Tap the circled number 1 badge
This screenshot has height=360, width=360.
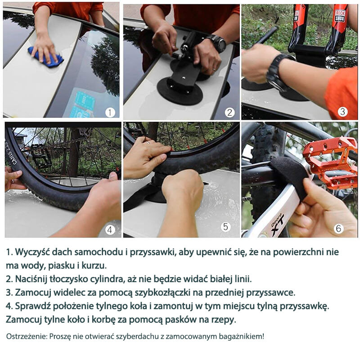pos(110,112)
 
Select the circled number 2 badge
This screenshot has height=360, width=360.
pos(230,112)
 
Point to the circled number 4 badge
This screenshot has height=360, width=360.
pos(110,229)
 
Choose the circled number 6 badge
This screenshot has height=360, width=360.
pos(339,228)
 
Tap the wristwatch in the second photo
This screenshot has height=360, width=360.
pos(218,43)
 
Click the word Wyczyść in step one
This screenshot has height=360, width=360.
pos(33,252)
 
